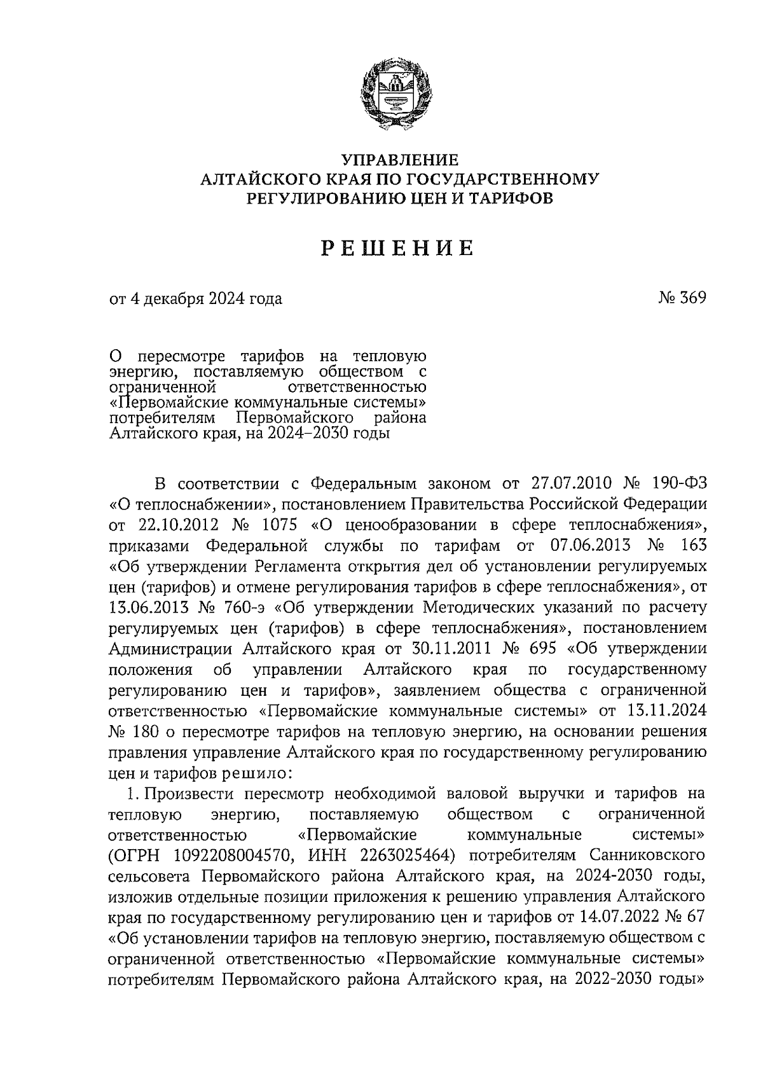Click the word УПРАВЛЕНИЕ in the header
(400, 160)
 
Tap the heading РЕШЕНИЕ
(397, 248)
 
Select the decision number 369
(692, 298)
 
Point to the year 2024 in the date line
(225, 298)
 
